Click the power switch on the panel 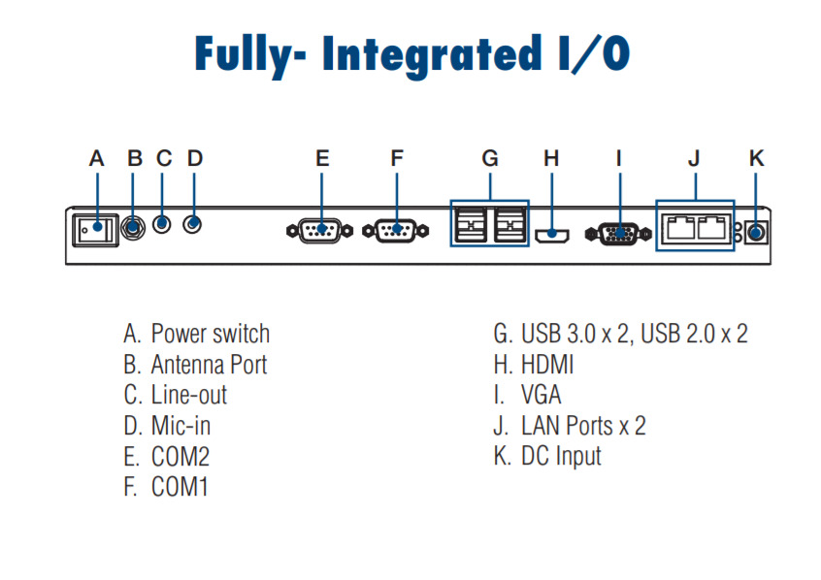(94, 228)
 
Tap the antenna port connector (135, 226)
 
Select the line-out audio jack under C (164, 224)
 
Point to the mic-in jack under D (195, 224)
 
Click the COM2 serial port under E (318, 232)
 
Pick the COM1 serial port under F (394, 232)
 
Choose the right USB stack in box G (509, 228)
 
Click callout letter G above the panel (490, 158)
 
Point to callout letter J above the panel (694, 158)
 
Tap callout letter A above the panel (96, 158)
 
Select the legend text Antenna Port (209, 365)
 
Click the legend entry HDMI (547, 365)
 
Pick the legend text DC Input (561, 456)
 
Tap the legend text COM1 (180, 486)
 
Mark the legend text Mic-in (181, 426)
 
